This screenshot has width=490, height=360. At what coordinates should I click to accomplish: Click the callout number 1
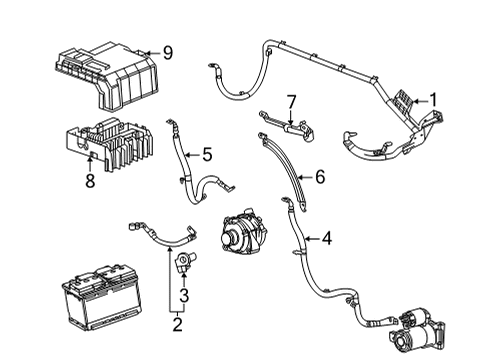(x=433, y=99)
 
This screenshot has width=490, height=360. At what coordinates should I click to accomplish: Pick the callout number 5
(x=207, y=154)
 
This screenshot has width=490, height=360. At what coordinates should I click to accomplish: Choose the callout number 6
(x=320, y=177)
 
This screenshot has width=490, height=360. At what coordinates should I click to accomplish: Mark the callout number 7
(x=291, y=101)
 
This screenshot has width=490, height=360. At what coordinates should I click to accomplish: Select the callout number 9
(x=168, y=52)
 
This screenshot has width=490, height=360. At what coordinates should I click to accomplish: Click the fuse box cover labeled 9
(x=105, y=75)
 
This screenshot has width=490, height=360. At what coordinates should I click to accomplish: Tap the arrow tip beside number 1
(x=414, y=99)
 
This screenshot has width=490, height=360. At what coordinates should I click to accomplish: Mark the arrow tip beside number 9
(x=147, y=52)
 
